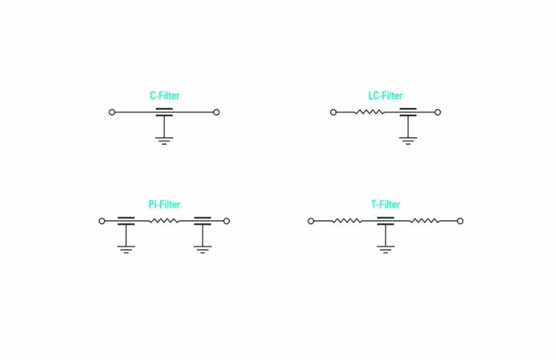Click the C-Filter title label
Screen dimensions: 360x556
point(165,96)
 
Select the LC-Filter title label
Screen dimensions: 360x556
point(385,96)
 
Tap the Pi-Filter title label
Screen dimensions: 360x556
point(164,204)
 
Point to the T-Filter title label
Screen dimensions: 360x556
point(385,204)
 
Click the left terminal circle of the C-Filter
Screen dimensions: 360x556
point(112,112)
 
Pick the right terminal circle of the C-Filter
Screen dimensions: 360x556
point(216,112)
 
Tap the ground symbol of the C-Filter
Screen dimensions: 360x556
point(164,140)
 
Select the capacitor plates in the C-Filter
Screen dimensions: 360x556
point(164,112)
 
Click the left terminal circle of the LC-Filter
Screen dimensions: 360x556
point(333,112)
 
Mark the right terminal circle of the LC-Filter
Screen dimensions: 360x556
point(437,112)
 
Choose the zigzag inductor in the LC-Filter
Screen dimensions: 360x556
point(369,112)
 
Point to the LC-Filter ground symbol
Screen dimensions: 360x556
point(408,140)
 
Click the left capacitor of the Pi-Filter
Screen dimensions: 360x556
point(126,221)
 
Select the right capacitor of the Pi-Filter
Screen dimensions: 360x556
point(202,221)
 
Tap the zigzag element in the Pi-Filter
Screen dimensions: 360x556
point(164,221)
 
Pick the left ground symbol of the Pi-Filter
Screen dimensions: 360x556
point(126,249)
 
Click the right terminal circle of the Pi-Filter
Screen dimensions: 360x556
point(226,221)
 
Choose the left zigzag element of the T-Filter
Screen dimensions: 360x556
point(347,221)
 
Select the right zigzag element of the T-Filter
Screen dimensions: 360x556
point(424,221)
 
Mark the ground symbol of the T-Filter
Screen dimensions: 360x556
point(385,249)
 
